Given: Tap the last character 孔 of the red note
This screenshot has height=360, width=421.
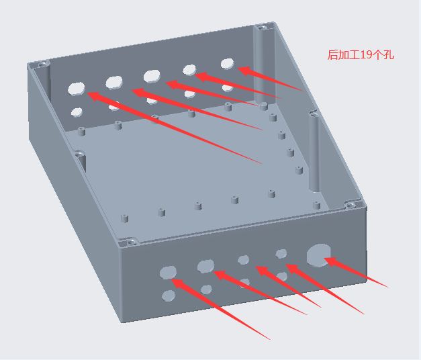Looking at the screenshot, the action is pos(389,55).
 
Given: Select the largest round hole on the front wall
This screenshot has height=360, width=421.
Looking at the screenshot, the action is pos(319,255).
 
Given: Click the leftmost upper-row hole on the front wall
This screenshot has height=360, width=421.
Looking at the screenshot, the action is pos(168,272).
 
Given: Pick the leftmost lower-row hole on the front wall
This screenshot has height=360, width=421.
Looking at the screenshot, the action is pos(169,296).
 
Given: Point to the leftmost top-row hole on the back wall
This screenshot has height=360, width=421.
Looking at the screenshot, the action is pos(77,89).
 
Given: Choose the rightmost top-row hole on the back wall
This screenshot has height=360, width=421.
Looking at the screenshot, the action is pos(228,64).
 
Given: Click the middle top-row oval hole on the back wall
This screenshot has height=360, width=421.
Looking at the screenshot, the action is pos(152,76).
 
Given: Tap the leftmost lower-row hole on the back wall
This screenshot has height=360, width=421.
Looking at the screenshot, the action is pos(77,112).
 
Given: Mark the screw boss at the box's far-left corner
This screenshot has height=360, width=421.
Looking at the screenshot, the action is pos(42,64).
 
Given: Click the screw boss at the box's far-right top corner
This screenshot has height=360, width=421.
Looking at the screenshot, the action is pos(261,28).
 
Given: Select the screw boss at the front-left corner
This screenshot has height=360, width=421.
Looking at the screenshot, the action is pos(131,242).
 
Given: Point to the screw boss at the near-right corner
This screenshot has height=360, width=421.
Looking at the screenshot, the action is pos(350,205).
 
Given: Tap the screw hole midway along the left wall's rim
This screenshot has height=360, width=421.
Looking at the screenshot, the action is pos(79,154).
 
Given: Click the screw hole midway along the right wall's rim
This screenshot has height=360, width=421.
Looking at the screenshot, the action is pos(314,114).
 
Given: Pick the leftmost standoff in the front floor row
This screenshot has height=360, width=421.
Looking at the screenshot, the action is pos(125,218).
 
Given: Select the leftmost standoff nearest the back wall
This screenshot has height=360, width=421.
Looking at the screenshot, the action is pos(81,132).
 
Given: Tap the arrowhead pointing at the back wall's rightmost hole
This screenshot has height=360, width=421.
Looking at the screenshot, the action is pos(244,71).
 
